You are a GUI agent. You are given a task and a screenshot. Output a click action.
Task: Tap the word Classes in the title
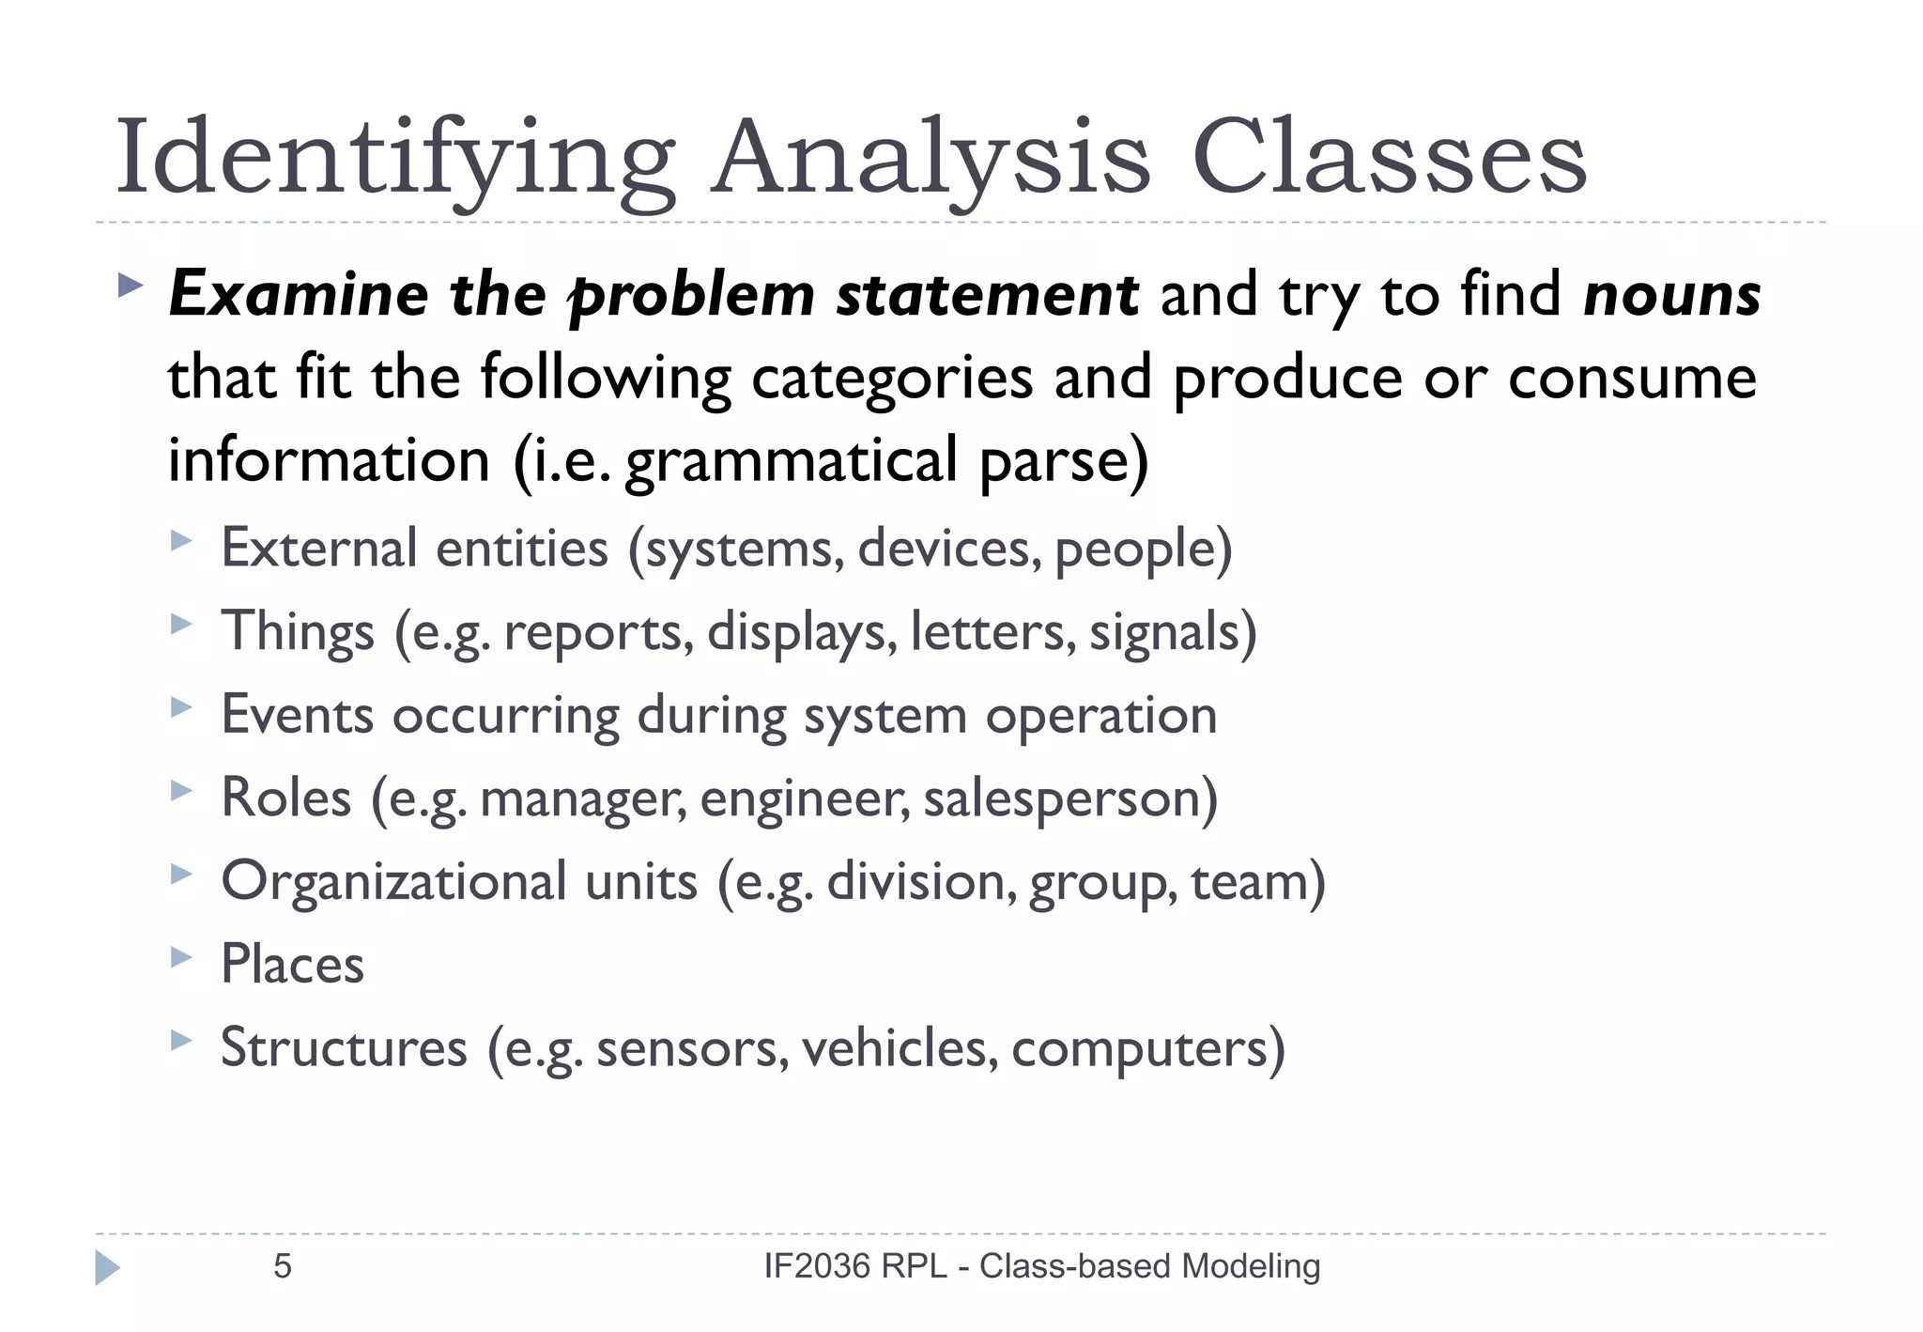tap(1390, 158)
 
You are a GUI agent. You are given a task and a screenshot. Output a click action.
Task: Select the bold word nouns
tap(1671, 295)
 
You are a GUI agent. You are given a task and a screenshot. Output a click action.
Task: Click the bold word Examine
tap(299, 295)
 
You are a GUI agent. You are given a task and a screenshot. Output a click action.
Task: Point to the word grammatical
tap(791, 461)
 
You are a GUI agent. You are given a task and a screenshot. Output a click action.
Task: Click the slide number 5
tap(283, 1266)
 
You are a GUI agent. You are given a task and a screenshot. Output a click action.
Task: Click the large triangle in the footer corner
tap(107, 1267)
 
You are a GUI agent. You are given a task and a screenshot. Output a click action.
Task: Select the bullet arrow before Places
tap(181, 957)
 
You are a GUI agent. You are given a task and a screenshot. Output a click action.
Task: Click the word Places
tap(292, 965)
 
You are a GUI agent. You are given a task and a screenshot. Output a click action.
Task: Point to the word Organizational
tap(394, 882)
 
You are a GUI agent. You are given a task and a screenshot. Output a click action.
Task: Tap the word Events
tap(298, 715)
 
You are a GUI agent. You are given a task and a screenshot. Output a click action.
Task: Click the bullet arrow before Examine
tap(131, 285)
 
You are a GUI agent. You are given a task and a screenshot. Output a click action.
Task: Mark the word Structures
tap(344, 1048)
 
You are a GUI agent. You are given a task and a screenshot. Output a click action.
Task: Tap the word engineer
tap(804, 798)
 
